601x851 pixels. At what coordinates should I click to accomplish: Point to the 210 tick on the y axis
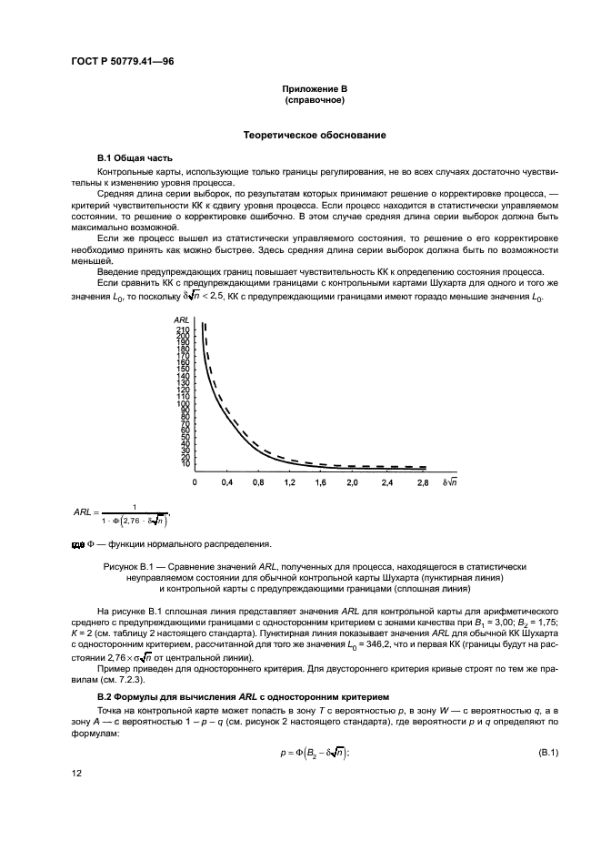pyautogui.click(x=182, y=329)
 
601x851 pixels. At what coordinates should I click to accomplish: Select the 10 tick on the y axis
pyautogui.click(x=185, y=464)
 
